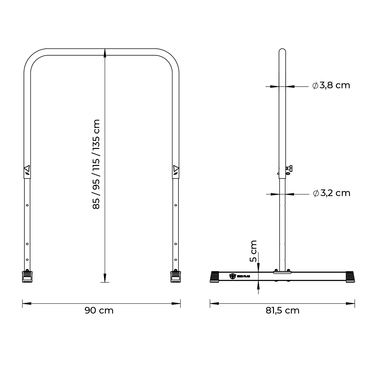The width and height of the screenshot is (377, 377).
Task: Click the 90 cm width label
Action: coord(99,310)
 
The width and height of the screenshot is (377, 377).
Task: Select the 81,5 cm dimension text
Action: coord(282,310)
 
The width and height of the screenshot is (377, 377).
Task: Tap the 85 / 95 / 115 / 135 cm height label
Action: coord(96,164)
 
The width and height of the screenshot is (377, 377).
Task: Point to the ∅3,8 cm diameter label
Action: coord(331,85)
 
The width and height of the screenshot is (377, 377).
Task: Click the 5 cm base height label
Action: coord(253,251)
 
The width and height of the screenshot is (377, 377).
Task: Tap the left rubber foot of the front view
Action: coord(27,277)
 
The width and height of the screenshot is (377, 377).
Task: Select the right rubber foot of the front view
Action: coord(175,277)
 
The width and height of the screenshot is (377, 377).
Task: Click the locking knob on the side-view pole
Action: coord(289,169)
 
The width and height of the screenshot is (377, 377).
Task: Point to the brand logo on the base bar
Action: coord(232,276)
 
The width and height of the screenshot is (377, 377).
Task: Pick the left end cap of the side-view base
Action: coord(215,276)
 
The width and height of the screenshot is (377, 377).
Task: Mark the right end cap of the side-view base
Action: coord(350,276)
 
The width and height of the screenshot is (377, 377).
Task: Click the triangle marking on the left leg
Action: coord(27,168)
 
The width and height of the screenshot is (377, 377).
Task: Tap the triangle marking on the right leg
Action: coord(175,168)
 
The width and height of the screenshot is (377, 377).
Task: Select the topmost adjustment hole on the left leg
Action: coord(27,205)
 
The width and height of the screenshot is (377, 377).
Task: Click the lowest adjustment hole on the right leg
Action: coord(175,260)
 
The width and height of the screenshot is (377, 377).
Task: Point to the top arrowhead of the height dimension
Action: coord(105,53)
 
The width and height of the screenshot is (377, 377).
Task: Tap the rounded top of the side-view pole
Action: coord(282,51)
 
